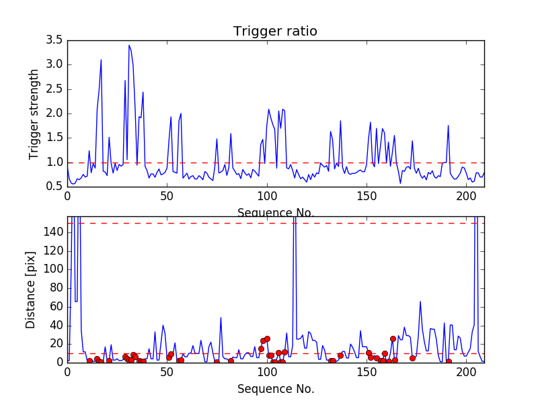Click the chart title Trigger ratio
click(x=275, y=32)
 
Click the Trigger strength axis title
click(x=34, y=114)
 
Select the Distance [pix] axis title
click(x=31, y=289)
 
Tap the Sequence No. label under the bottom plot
click(x=275, y=389)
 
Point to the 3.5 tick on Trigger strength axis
click(x=54, y=40)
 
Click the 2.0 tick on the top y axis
click(x=54, y=114)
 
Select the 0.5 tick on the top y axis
click(x=54, y=186)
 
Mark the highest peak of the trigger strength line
click(x=129, y=46)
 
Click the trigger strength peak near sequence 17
click(x=101, y=60)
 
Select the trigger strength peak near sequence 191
click(x=448, y=125)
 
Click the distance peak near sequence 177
click(x=420, y=302)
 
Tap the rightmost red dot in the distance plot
click(x=449, y=361)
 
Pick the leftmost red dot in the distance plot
click(x=89, y=361)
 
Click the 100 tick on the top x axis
click(x=267, y=196)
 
